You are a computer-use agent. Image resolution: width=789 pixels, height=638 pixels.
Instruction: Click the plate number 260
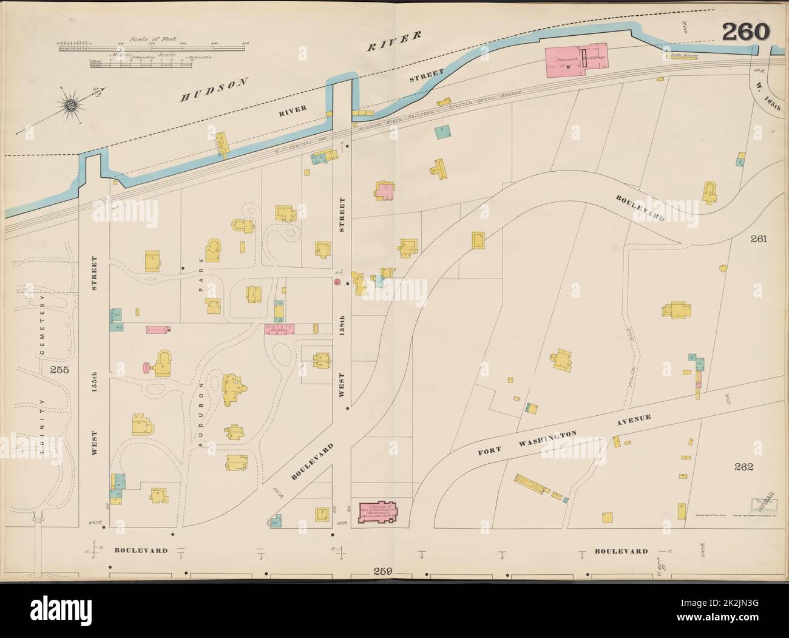coord(745,32)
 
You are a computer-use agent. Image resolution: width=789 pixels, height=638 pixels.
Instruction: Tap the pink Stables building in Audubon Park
coord(279,329)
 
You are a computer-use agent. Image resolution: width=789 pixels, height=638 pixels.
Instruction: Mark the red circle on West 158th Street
coord(337,282)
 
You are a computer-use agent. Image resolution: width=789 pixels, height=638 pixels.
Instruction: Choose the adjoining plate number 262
coord(743,467)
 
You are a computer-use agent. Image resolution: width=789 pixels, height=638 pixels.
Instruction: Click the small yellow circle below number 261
coord(723,268)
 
